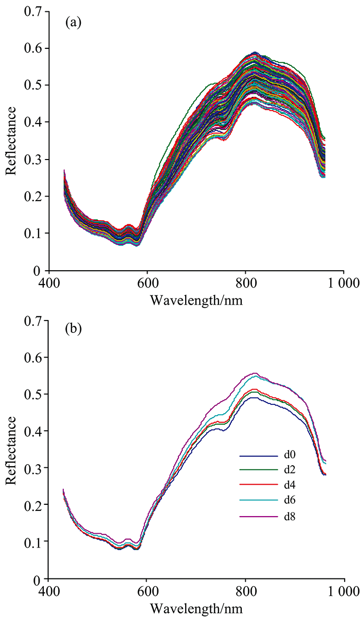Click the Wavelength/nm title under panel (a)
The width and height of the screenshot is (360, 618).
pos(196,300)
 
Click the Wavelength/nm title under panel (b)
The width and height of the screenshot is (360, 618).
pos(196,608)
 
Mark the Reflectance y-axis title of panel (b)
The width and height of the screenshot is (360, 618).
pos(11,449)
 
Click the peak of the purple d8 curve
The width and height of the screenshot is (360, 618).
pos(255,373)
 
